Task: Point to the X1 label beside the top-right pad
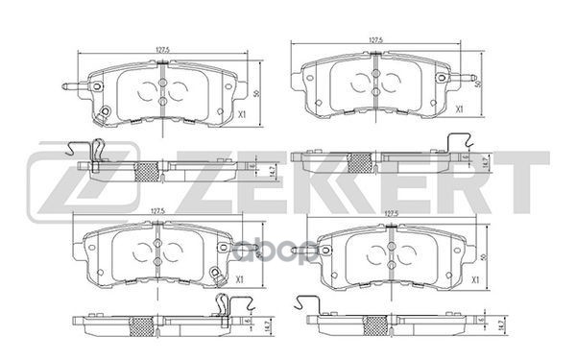(461, 109)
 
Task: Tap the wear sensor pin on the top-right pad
(469, 78)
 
